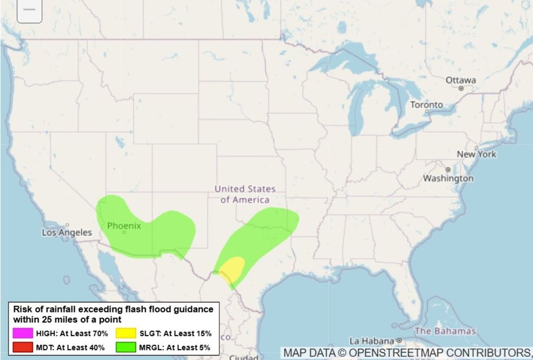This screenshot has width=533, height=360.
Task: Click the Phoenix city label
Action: (124, 226)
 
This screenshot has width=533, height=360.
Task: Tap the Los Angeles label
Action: (67, 233)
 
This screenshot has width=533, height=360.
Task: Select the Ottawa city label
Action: (461, 80)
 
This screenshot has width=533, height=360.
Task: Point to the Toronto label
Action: (426, 105)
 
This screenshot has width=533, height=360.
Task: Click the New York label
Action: (476, 154)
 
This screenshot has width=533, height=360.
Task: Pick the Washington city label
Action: (448, 178)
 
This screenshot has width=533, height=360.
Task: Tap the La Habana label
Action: (372, 341)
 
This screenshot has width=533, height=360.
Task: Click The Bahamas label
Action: (445, 331)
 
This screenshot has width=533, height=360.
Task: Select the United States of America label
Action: (245, 194)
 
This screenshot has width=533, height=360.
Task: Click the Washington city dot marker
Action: (448, 170)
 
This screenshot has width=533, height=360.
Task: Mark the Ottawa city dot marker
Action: (461, 88)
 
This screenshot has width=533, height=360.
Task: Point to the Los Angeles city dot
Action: (67, 225)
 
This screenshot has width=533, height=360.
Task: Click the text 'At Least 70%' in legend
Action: (84, 333)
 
